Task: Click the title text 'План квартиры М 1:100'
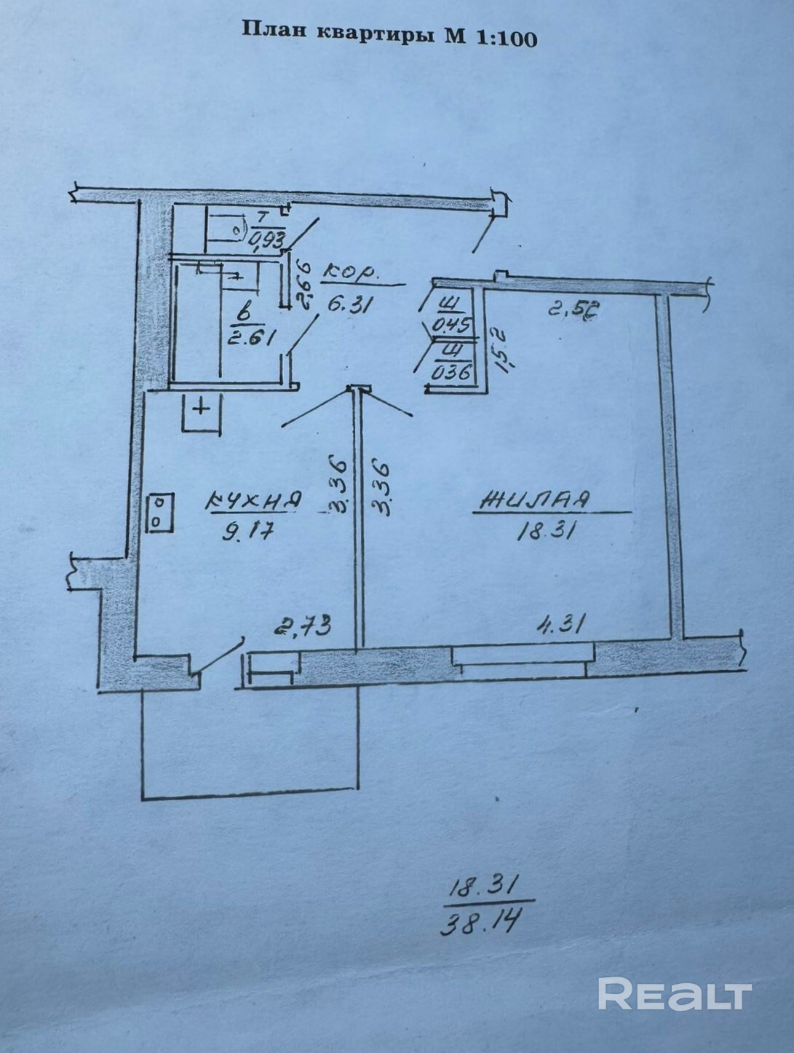tap(389, 33)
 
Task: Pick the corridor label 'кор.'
tap(351, 275)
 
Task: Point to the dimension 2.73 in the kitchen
tap(303, 626)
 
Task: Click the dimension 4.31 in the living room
tap(562, 624)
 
